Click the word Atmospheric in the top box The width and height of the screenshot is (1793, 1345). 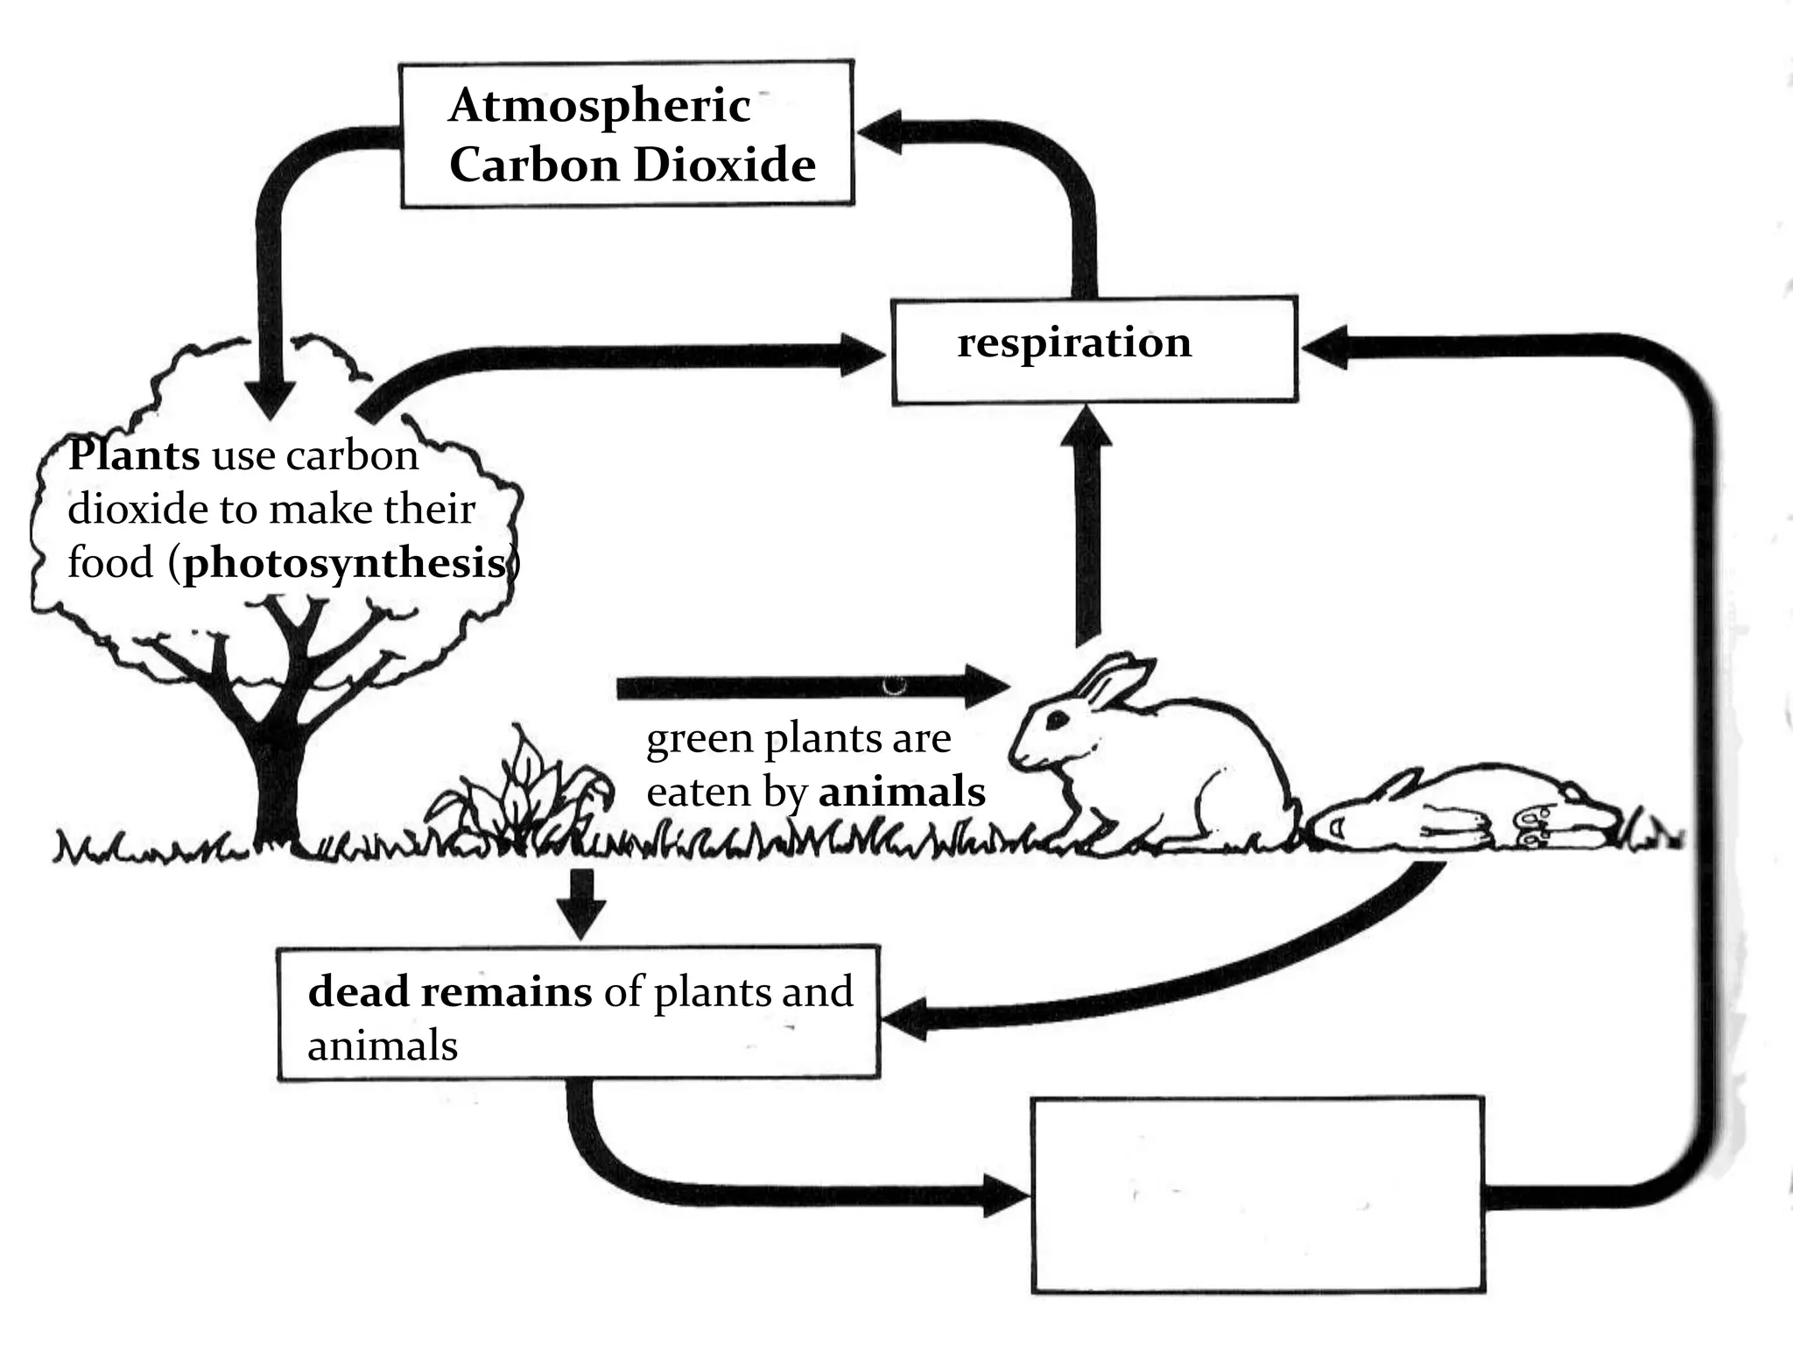pyautogui.click(x=600, y=107)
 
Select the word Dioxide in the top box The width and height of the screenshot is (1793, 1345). pyautogui.click(x=724, y=165)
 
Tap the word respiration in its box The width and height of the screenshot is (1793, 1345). pyautogui.click(x=1074, y=342)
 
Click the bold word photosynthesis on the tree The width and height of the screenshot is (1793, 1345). pyautogui.click(x=345, y=563)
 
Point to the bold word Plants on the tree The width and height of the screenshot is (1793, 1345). pyautogui.click(x=134, y=455)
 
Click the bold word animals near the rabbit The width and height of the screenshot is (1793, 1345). pyautogui.click(x=902, y=792)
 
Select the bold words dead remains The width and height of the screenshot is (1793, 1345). pyautogui.click(x=450, y=992)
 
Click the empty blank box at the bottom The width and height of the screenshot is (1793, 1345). pyautogui.click(x=1257, y=1194)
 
